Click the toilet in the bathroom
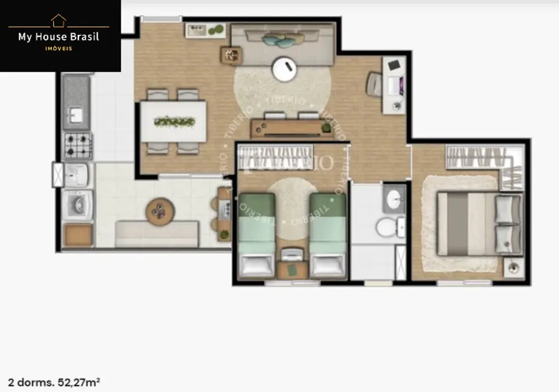[x=386, y=227]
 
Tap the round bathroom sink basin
[x=394, y=197]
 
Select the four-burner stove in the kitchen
[x=77, y=145]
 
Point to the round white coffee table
[x=283, y=69]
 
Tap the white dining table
[x=174, y=121]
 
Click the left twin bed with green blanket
[x=257, y=235]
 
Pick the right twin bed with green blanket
[x=327, y=235]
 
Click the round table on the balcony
[x=160, y=210]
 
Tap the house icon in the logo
[x=59, y=21]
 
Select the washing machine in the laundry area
[x=78, y=205]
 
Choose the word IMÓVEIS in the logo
[x=59, y=49]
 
